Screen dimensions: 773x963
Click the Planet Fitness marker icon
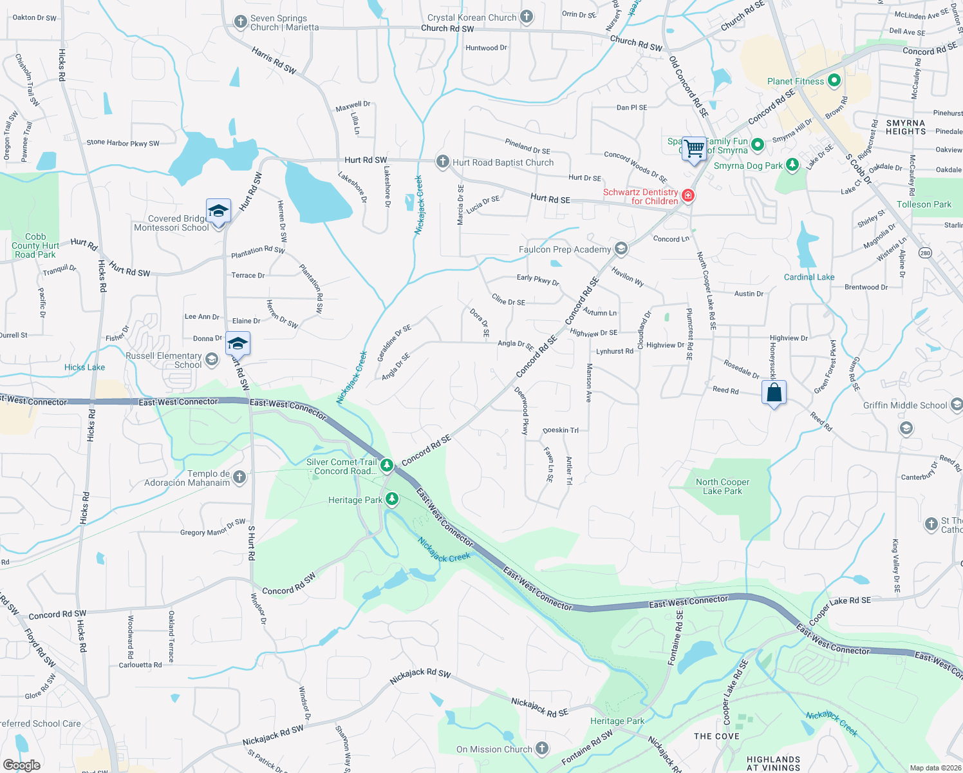pyautogui.click(x=834, y=81)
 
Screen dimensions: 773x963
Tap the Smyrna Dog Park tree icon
pyautogui.click(x=792, y=165)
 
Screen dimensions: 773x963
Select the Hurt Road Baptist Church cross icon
pyautogui.click(x=442, y=162)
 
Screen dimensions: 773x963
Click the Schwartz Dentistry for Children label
pyautogui.click(x=640, y=196)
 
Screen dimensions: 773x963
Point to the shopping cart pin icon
pyautogui.click(x=694, y=149)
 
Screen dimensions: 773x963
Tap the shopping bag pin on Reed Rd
pyautogui.click(x=774, y=392)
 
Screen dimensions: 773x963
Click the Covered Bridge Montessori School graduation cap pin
pyautogui.click(x=218, y=211)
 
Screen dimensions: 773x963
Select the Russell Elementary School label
pyautogui.click(x=164, y=360)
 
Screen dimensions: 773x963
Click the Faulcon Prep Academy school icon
pyautogui.click(x=621, y=249)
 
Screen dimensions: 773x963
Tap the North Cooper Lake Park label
pyautogui.click(x=722, y=486)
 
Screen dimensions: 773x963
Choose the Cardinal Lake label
pyautogui.click(x=809, y=277)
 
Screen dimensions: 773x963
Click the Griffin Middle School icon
pyautogui.click(x=956, y=405)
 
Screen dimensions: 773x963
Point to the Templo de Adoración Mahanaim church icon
pyautogui.click(x=239, y=477)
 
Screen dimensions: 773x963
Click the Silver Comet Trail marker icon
pyautogui.click(x=386, y=464)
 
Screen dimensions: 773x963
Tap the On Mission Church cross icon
pyautogui.click(x=542, y=749)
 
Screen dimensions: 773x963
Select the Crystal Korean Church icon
pyautogui.click(x=527, y=17)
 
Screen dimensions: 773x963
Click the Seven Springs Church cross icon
pyautogui.click(x=240, y=22)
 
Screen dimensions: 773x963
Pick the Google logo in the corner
pyautogui.click(x=21, y=765)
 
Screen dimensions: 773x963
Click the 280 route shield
pyautogui.click(x=925, y=253)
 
